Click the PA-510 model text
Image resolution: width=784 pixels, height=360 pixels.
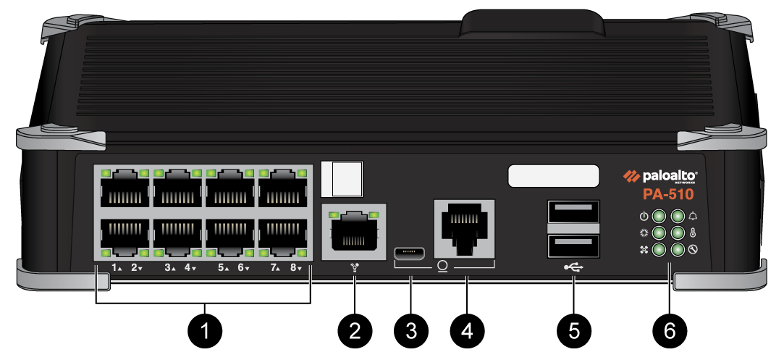pyautogui.click(x=668, y=195)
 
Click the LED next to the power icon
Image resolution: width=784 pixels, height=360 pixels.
pyautogui.click(x=659, y=217)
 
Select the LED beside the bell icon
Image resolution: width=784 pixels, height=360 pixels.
pyautogui.click(x=678, y=217)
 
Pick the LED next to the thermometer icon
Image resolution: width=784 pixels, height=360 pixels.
pyautogui.click(x=678, y=233)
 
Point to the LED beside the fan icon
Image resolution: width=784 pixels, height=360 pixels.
pyautogui.click(x=659, y=250)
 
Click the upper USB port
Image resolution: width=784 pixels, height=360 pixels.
pyautogui.click(x=574, y=212)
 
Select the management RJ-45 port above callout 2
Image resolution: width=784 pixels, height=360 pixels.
pyautogui.click(x=354, y=231)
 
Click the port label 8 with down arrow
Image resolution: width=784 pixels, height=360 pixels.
pyautogui.click(x=295, y=268)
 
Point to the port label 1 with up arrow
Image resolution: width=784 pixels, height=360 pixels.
pyautogui.click(x=116, y=268)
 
